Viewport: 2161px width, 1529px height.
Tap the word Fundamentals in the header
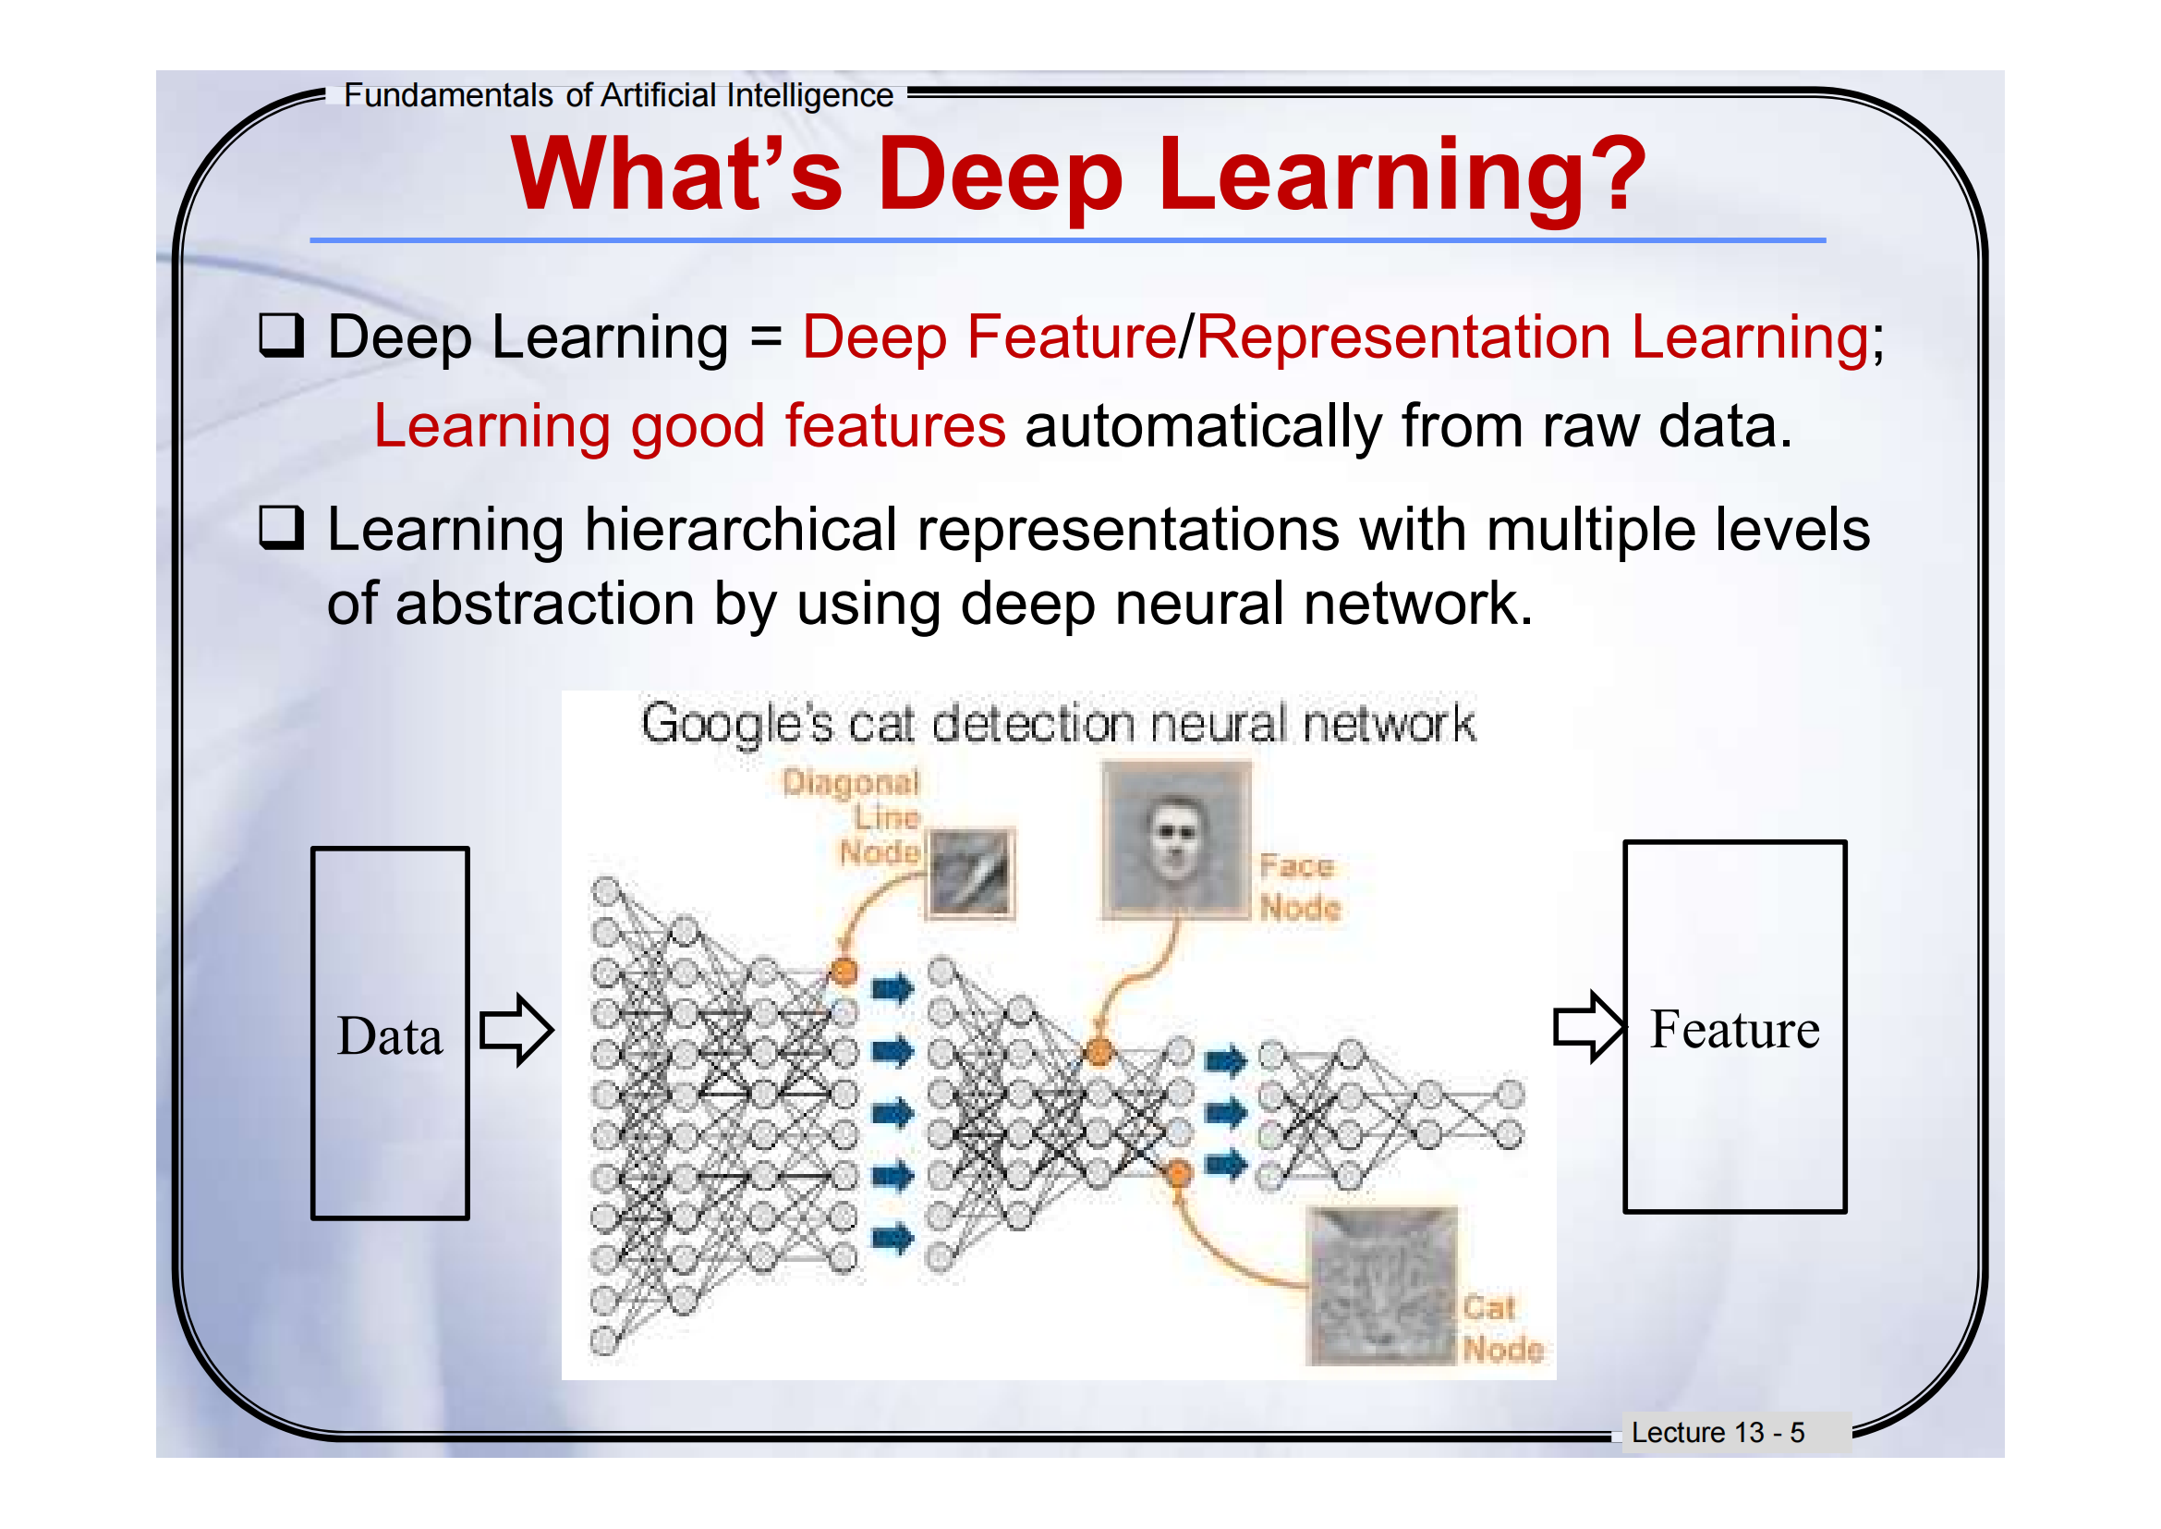(x=448, y=95)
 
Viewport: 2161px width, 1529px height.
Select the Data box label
(x=390, y=1035)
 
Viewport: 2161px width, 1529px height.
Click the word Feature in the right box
(x=1735, y=1028)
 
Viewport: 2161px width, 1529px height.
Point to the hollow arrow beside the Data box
(x=516, y=1030)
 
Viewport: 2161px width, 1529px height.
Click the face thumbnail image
(x=1175, y=838)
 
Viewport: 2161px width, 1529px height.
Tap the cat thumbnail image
(x=1381, y=1285)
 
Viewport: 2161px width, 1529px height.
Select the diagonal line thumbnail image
(x=970, y=873)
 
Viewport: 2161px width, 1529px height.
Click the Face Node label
(x=1300, y=886)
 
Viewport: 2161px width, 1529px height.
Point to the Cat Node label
(x=1503, y=1327)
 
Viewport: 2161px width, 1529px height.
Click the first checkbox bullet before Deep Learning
(x=282, y=336)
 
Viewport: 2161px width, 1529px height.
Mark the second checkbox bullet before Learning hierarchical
(x=282, y=527)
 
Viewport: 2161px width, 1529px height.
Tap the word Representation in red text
(x=1404, y=339)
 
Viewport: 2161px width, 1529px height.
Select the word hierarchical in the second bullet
(x=741, y=529)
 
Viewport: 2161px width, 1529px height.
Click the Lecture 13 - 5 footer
(x=1718, y=1432)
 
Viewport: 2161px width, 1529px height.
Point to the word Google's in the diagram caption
(x=738, y=725)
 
